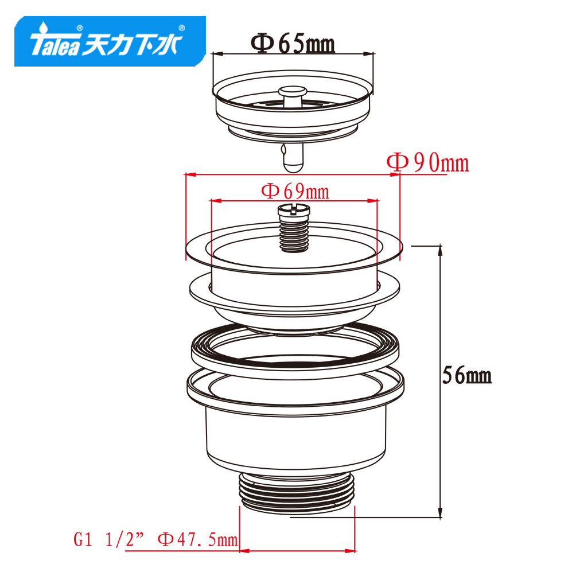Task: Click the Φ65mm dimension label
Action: click(x=293, y=44)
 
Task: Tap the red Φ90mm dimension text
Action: click(x=428, y=163)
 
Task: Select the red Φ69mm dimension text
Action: click(x=295, y=191)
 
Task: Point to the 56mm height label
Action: click(x=467, y=375)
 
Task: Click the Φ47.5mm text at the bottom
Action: click(x=198, y=539)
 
